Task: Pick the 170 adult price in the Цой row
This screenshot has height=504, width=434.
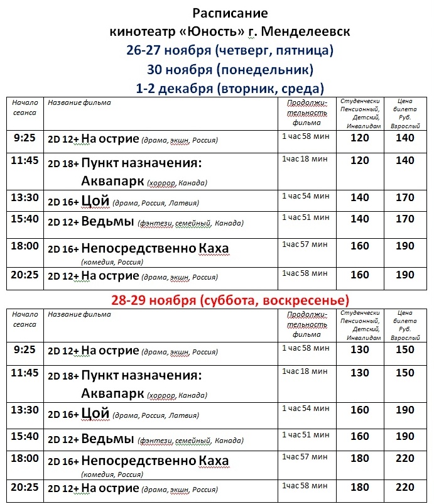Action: [405, 197]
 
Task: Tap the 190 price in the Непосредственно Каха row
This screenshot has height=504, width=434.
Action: [405, 246]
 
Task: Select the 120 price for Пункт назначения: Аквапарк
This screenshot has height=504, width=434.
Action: [360, 161]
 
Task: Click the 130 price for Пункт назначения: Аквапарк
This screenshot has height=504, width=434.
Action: [360, 373]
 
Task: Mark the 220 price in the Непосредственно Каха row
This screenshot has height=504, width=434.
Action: [405, 459]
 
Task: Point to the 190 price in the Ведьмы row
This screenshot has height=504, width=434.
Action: [405, 437]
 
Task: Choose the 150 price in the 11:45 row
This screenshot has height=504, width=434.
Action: [405, 373]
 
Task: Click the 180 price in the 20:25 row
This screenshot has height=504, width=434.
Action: [360, 487]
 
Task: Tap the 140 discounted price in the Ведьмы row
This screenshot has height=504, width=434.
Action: [360, 219]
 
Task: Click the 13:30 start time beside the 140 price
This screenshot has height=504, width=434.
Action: [25, 197]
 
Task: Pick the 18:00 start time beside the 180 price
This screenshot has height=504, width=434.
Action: [25, 459]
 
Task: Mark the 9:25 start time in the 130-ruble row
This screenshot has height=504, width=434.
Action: [24, 349]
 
